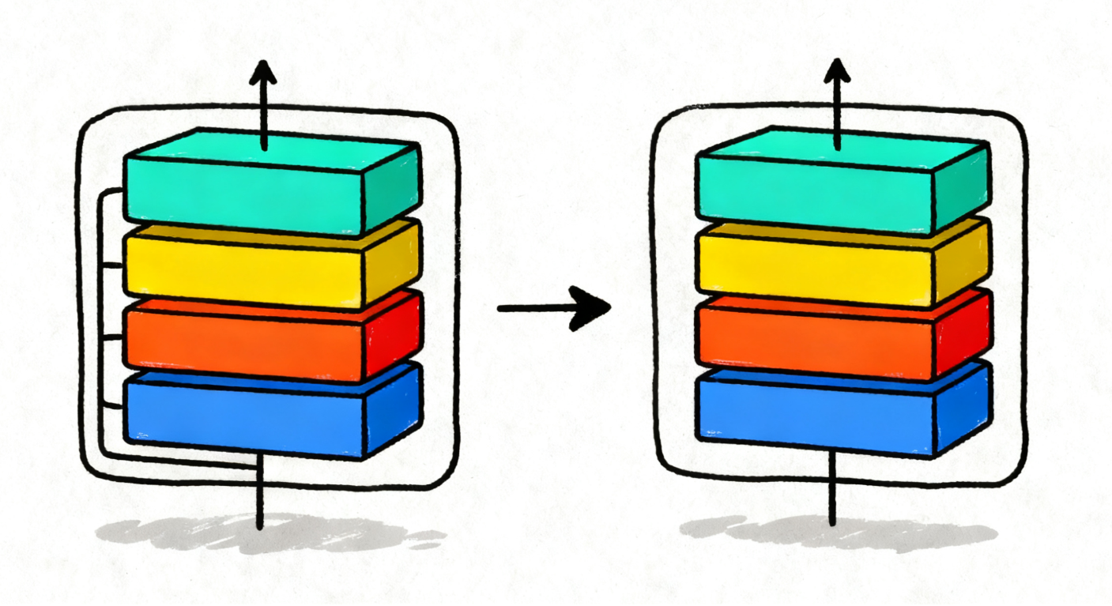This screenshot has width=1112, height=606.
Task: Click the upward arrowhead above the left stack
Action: click(263, 76)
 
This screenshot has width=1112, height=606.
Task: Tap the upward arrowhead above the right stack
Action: click(836, 73)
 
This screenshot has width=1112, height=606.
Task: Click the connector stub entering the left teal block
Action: click(112, 191)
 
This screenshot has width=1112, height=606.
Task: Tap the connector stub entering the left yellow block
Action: click(112, 265)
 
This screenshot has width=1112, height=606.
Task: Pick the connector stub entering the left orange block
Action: click(112, 337)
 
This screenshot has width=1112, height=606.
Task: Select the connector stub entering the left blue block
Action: click(112, 408)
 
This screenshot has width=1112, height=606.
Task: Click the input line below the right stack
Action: click(832, 494)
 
